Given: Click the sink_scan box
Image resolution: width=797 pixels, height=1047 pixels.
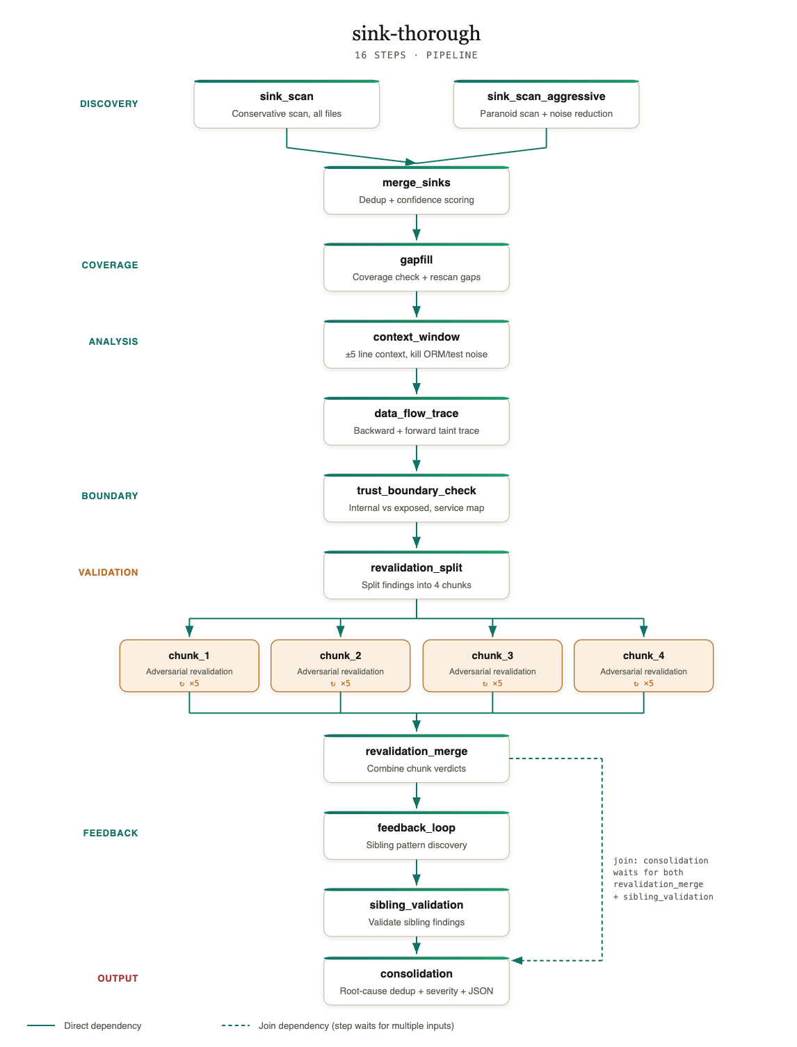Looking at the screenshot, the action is click(286, 104).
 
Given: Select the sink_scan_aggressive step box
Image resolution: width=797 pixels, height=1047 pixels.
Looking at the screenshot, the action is click(546, 104).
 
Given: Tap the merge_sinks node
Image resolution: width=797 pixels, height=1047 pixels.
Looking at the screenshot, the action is click(416, 190).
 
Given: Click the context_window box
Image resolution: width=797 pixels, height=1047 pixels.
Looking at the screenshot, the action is click(416, 344).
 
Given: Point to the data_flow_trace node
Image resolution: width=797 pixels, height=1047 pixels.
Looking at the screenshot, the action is click(416, 421).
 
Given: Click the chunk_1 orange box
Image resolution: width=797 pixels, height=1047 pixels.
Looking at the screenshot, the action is click(189, 665).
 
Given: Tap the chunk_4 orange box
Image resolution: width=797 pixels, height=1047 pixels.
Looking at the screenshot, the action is click(643, 665).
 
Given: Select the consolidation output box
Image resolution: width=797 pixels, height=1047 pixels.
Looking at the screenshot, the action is click(416, 981).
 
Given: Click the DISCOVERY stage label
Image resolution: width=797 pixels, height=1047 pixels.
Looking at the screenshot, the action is click(108, 104).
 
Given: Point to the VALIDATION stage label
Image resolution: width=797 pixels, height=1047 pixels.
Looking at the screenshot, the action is click(108, 572).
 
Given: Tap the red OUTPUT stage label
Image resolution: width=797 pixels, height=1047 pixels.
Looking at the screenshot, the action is click(118, 978).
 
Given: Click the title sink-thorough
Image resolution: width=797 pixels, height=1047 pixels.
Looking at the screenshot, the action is click(416, 33).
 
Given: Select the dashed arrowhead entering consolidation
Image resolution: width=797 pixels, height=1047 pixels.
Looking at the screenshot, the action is click(517, 960).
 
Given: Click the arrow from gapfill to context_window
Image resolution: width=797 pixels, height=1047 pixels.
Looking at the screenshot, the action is click(416, 304).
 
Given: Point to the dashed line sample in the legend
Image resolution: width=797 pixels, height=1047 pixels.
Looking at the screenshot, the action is click(235, 1025).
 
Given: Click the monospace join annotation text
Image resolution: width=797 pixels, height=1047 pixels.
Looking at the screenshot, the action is click(663, 878).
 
